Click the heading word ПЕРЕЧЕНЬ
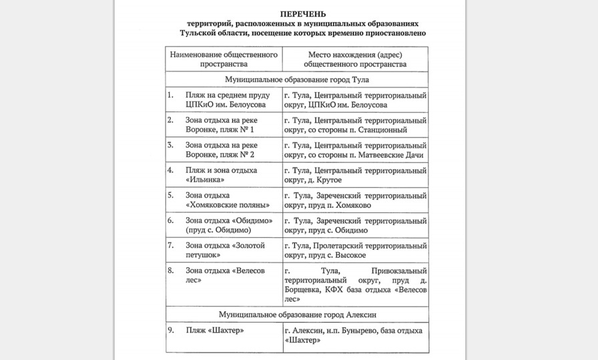299,13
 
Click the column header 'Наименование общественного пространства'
224,59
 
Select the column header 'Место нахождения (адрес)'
355,53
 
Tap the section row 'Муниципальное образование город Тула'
297,79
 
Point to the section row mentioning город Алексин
297,314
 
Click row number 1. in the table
170,96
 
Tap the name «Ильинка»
204,180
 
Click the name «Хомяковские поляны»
228,205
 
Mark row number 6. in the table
171,220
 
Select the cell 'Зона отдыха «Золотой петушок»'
225,250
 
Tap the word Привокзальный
399,271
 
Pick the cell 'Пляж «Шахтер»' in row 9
215,331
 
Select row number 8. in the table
171,271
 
